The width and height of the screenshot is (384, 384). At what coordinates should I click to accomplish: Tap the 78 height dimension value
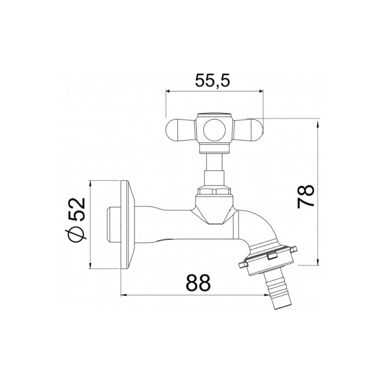(x=306, y=196)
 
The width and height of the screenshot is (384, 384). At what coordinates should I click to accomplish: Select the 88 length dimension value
(x=199, y=283)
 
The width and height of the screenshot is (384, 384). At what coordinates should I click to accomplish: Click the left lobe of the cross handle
(x=179, y=130)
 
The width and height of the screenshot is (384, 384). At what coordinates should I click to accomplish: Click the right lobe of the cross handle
(x=250, y=130)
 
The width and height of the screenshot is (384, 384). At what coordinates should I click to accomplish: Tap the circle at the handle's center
(x=214, y=129)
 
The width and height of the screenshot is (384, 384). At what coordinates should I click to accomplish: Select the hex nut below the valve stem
(x=214, y=190)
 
